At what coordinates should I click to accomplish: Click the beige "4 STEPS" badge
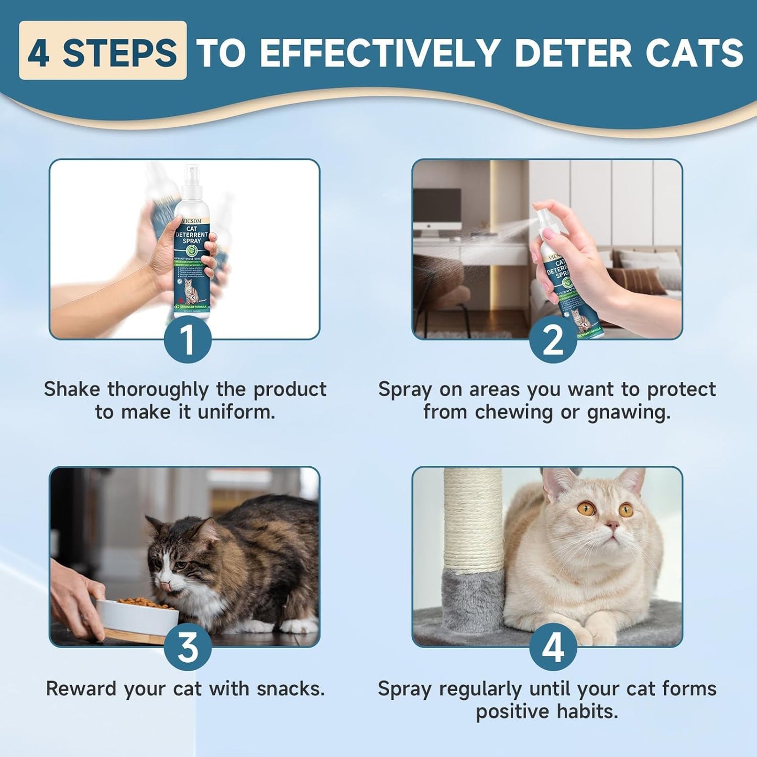click(103, 51)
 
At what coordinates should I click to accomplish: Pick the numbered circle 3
click(188, 648)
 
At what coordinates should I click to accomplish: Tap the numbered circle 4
click(552, 648)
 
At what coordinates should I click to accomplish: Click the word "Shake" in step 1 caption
click(73, 389)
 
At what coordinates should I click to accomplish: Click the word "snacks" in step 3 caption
click(290, 688)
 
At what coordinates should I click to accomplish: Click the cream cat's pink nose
click(611, 524)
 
